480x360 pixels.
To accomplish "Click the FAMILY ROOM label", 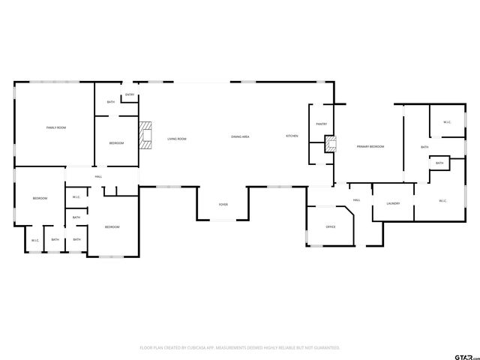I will click(56, 128).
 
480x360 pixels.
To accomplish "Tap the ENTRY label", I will click(130, 94).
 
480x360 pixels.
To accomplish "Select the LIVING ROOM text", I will click(176, 139).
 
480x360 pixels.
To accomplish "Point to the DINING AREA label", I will click(240, 136).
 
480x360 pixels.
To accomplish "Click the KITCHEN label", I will click(292, 136).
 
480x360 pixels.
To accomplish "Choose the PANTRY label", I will click(321, 124).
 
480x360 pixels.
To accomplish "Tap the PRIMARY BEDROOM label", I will click(370, 146).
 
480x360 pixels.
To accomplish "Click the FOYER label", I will click(223, 204).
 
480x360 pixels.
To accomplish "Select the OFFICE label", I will click(330, 226).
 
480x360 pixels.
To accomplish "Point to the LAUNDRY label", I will click(392, 203).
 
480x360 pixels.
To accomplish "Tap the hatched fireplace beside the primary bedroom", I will click(328, 143).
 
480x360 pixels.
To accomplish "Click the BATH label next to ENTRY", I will click(111, 102).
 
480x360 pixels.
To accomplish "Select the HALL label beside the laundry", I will click(357, 199).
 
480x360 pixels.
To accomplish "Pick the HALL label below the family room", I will click(98, 176).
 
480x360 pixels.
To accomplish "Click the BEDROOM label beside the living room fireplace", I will click(116, 142).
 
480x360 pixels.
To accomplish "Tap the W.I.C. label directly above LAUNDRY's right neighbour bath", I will click(446, 122).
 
